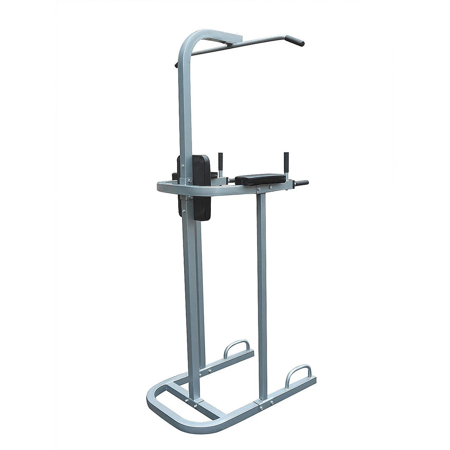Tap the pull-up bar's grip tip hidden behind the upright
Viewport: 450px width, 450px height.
tap(176, 65)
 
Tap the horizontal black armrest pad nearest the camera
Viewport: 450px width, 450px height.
tap(260, 179)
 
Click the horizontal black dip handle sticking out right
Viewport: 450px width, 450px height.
tap(301, 183)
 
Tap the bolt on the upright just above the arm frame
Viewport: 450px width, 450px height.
tap(190, 180)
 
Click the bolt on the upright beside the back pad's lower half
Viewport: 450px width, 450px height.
tap(183, 211)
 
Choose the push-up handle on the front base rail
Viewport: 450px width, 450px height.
tap(298, 374)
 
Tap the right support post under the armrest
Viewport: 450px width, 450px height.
tap(262, 292)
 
